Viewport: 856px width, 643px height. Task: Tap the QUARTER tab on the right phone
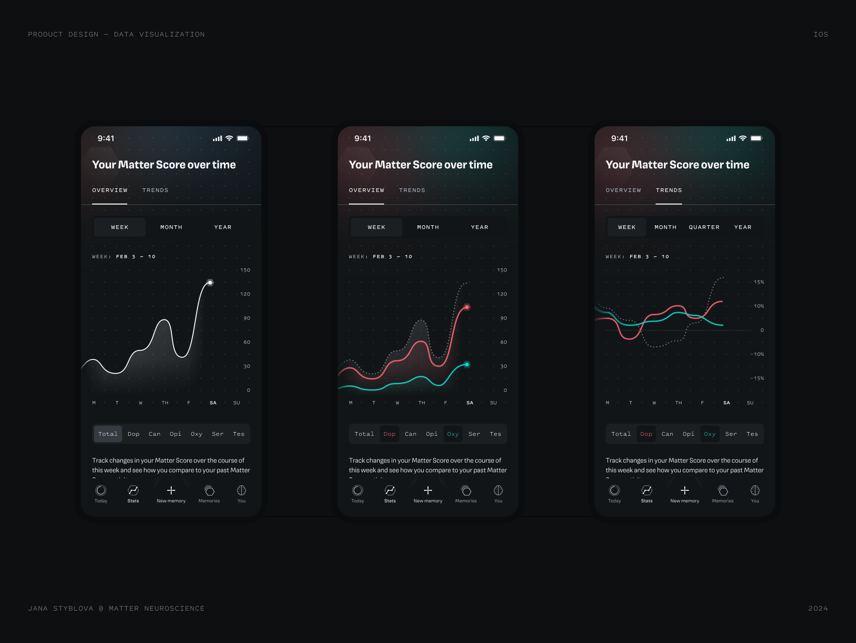tap(704, 227)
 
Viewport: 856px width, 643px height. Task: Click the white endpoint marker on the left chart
tap(210, 282)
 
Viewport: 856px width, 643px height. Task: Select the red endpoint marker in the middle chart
tap(467, 307)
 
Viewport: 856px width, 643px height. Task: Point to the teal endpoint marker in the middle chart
tap(467, 365)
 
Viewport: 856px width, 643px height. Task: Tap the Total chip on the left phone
tap(108, 434)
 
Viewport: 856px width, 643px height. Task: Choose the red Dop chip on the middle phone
tap(389, 434)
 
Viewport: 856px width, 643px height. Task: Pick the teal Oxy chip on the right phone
tap(709, 434)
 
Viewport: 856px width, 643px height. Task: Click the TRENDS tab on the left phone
tap(155, 190)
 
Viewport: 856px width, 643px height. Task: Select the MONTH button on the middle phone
tap(428, 227)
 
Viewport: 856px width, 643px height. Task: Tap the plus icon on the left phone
tap(171, 490)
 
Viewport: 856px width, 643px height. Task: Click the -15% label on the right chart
tap(758, 378)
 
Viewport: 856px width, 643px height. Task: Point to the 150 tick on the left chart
tap(245, 270)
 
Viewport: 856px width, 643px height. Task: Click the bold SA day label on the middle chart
tap(470, 403)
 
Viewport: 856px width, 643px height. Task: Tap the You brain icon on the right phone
tap(755, 490)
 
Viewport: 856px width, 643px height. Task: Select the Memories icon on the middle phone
tap(466, 490)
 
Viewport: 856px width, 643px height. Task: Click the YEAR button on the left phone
tap(223, 227)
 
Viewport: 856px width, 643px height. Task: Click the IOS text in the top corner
tap(820, 34)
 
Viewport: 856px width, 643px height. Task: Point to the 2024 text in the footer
tap(818, 608)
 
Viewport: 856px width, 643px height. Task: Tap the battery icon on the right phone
tap(756, 138)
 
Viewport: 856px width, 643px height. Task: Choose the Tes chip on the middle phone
tap(495, 434)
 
